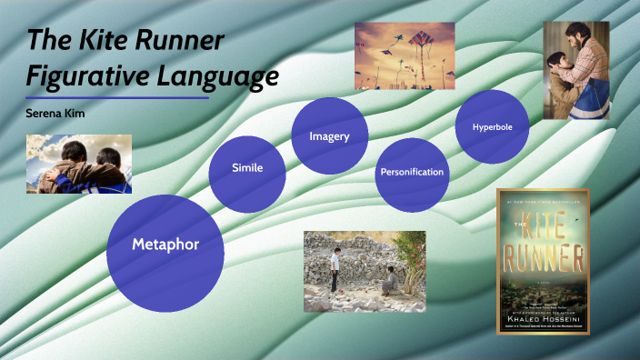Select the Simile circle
click(x=247, y=168)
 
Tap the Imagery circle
click(x=329, y=136)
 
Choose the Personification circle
click(x=412, y=172)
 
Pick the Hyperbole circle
click(x=492, y=127)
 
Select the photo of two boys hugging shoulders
click(x=79, y=164)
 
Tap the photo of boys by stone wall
click(x=365, y=264)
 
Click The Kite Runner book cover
click(x=544, y=262)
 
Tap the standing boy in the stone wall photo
click(x=335, y=268)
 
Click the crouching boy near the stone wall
click(x=392, y=279)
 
